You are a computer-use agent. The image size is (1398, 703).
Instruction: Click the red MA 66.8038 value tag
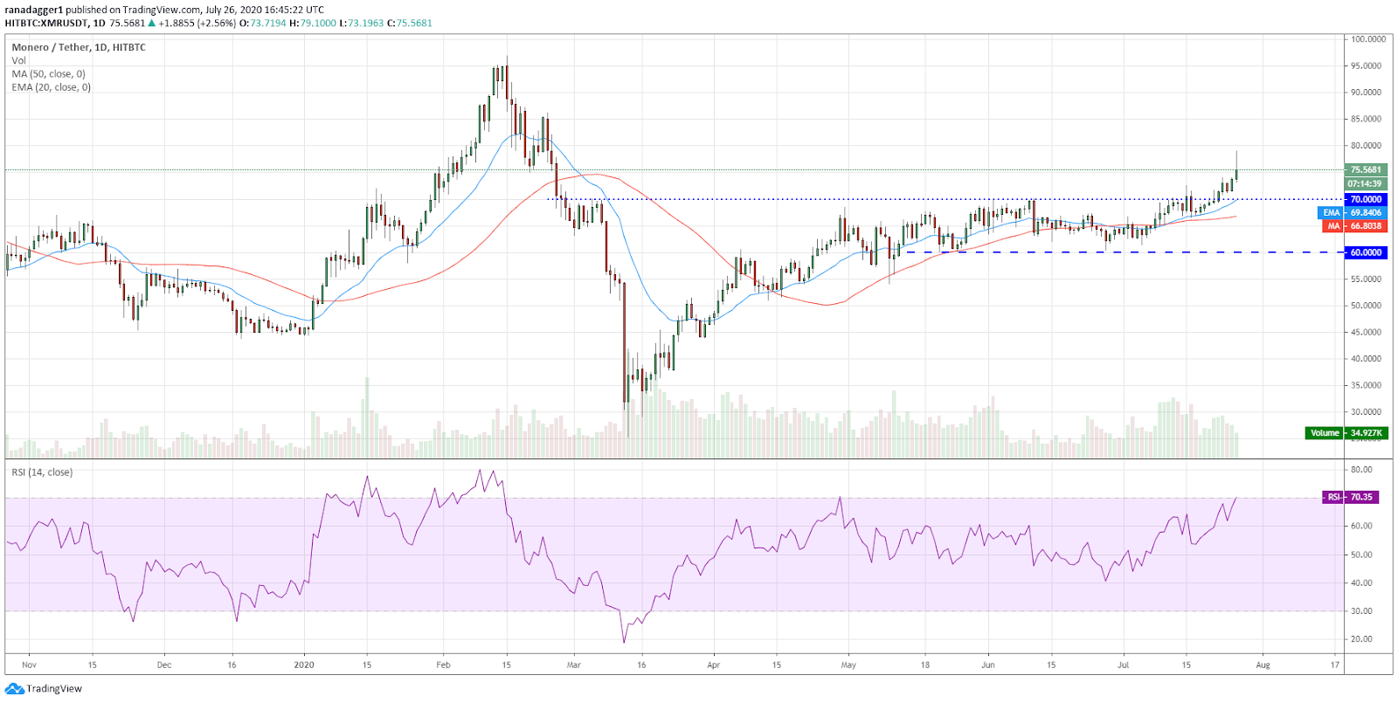coord(1354,226)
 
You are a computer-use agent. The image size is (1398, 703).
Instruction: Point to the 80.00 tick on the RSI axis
coord(1361,470)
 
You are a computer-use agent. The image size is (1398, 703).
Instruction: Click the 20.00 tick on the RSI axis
coord(1361,638)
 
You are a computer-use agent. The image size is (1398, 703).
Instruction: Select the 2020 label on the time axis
coord(304,665)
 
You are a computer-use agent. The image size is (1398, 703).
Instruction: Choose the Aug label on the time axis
coord(1263,665)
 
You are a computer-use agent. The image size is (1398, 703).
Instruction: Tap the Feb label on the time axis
coord(443,665)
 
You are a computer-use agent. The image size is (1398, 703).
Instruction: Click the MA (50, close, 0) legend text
coord(49,74)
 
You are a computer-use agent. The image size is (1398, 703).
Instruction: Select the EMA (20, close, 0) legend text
coord(52,87)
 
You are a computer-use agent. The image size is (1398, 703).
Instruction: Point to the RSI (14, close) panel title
coord(42,472)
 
